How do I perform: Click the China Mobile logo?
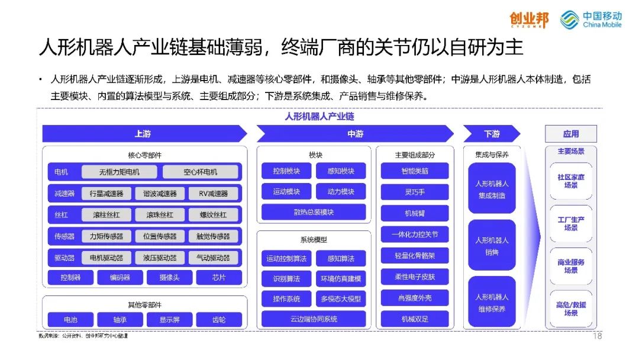point(590,19)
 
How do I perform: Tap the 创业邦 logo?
point(529,20)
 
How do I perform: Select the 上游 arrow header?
point(143,134)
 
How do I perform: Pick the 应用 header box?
point(571,134)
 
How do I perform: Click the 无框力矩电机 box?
point(120,172)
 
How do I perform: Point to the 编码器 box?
point(112,277)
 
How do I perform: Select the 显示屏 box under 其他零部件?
point(169,320)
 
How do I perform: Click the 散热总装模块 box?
point(314,213)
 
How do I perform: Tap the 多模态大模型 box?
point(341,298)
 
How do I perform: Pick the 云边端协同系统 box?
point(314,319)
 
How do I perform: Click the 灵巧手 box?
point(415,192)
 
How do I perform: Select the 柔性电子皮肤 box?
point(415,277)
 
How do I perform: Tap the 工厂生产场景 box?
point(571,224)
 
